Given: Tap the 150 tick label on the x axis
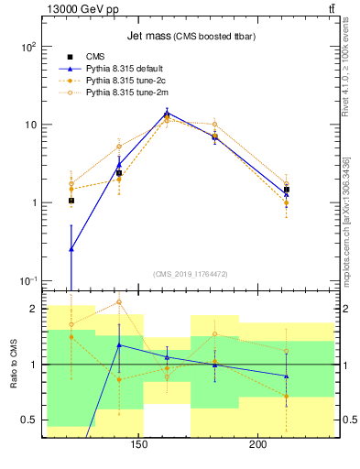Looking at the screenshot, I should tap(139, 446).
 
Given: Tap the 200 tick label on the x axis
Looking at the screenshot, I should tap(258, 446).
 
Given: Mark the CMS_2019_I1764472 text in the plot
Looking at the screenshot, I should tap(191, 274).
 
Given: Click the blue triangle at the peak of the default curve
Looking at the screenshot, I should tap(167, 114).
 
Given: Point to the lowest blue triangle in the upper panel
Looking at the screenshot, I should tap(71, 248).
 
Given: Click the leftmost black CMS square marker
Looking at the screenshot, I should tap(71, 201).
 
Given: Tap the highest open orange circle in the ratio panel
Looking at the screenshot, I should tap(119, 302).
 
